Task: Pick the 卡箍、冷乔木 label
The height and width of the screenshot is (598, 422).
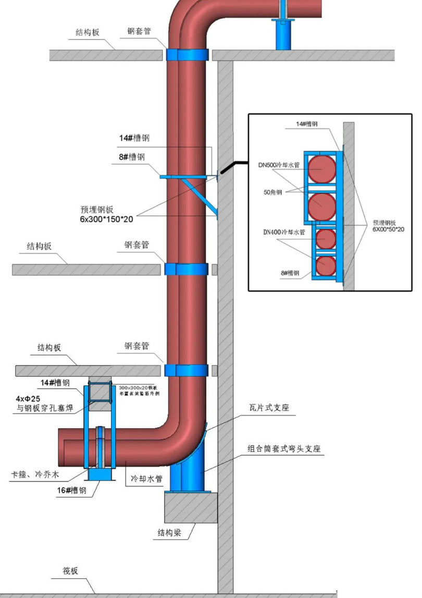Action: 33,475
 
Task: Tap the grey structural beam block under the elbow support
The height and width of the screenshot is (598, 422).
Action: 191,507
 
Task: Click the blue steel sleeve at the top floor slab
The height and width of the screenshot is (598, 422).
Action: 188,55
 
